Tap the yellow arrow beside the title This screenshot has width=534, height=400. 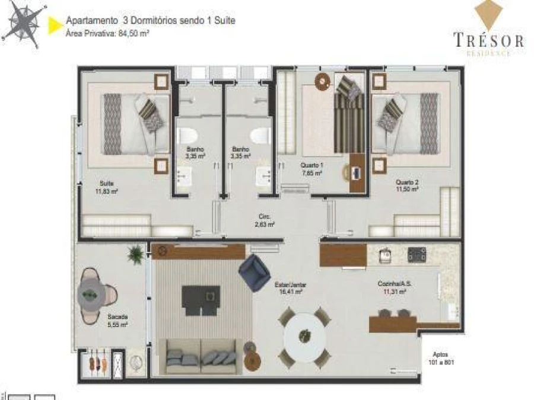coord(55,24)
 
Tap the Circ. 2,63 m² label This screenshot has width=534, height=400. coord(265,220)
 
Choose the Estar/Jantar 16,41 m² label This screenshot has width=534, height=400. coord(291,288)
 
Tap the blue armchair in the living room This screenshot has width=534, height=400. coord(254,272)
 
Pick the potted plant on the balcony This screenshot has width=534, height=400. coord(136,254)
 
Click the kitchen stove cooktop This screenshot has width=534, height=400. coord(417,255)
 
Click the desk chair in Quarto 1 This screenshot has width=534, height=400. coord(348,172)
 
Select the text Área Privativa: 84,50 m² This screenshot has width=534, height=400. coord(107,34)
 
